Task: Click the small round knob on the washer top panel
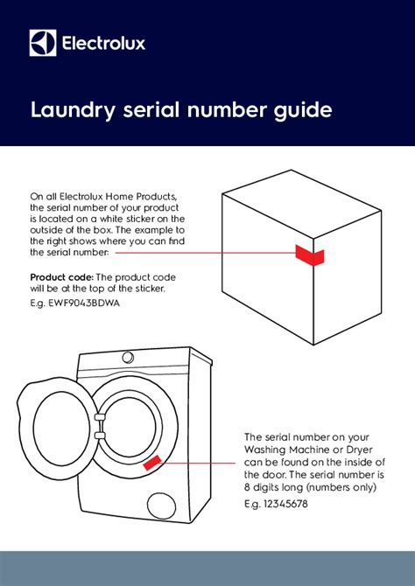tap(128, 358)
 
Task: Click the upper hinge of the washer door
tap(99, 410)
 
